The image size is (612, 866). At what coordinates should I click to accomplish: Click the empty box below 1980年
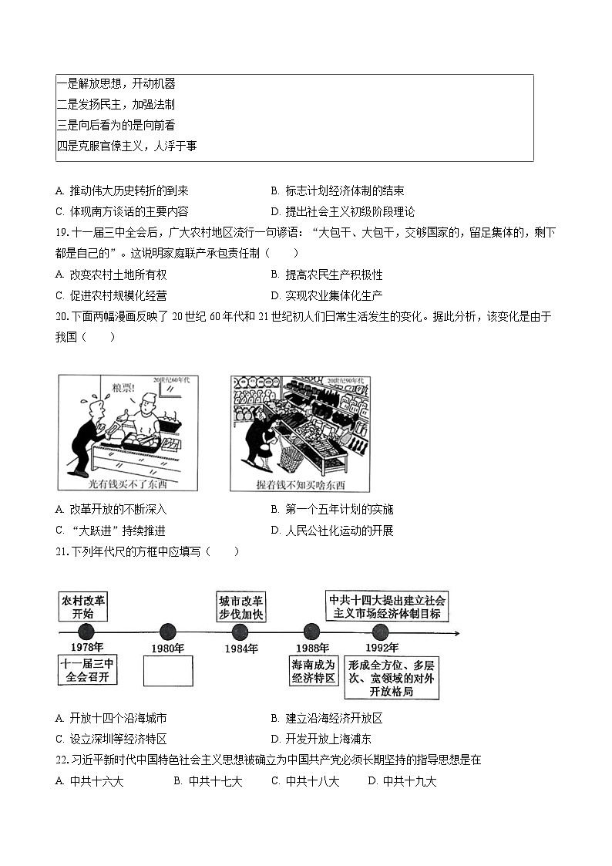167,670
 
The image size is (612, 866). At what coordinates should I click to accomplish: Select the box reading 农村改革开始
82,607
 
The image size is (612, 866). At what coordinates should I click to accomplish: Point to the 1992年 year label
382,649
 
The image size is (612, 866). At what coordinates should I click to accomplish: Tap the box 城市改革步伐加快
240,607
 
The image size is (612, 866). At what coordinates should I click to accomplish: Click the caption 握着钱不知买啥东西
300,484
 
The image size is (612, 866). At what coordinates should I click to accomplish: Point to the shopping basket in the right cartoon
291,456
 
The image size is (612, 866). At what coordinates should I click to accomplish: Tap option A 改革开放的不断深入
111,510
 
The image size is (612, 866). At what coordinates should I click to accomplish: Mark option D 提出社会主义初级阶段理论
343,212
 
